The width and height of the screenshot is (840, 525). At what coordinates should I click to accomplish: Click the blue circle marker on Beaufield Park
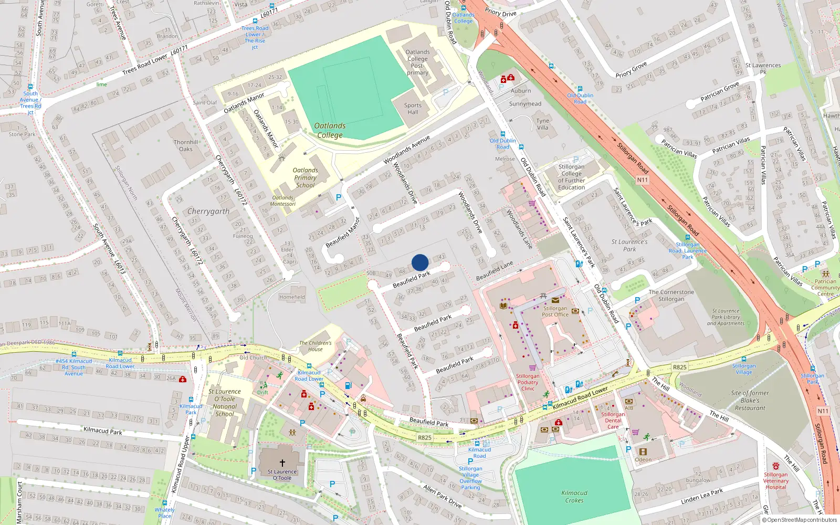click(x=420, y=262)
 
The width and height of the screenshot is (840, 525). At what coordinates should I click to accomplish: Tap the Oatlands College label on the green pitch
click(x=330, y=130)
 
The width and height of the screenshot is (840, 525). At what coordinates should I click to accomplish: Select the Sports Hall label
click(x=413, y=109)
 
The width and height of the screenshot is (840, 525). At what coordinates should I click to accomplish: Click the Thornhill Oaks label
click(x=186, y=145)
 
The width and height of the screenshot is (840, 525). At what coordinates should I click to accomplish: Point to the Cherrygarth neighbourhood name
click(x=208, y=211)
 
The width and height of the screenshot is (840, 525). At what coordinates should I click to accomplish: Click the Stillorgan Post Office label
click(x=555, y=311)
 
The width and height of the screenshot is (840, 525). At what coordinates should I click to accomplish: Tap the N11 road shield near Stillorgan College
click(x=643, y=180)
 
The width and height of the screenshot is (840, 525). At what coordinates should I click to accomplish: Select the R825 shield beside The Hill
click(x=680, y=367)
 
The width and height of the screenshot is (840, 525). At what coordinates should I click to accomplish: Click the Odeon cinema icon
click(x=643, y=451)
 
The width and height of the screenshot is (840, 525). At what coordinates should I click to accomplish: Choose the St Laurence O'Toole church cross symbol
click(x=282, y=463)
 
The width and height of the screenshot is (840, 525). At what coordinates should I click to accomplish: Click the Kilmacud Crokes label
click(x=574, y=497)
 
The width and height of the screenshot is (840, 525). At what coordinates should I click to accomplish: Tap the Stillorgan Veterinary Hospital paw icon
click(x=776, y=466)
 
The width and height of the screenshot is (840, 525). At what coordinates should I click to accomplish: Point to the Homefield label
click(x=292, y=297)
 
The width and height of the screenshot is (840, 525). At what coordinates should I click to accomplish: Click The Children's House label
click(x=316, y=346)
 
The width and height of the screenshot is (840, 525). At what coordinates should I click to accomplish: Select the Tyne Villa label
click(x=542, y=124)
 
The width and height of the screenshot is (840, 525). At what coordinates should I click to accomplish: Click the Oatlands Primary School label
click(x=305, y=177)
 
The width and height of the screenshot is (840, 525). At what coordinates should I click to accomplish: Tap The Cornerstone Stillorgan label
click(x=671, y=296)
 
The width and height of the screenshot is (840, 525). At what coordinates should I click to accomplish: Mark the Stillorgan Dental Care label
click(x=613, y=421)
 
